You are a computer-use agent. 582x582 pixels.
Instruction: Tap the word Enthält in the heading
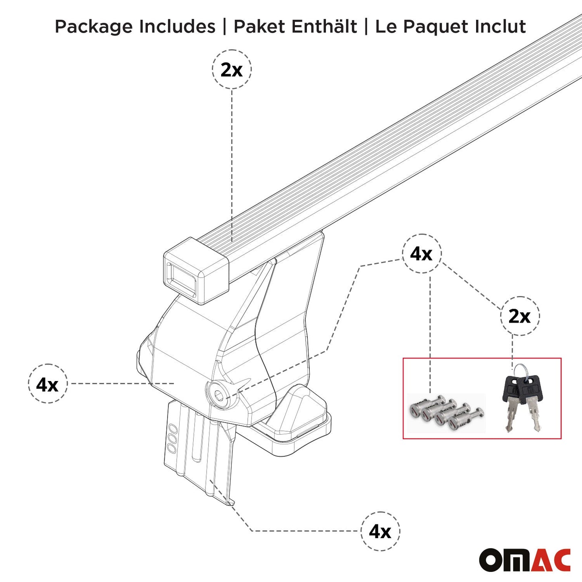click(x=324, y=27)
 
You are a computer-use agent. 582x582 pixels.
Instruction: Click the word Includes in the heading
click(x=177, y=27)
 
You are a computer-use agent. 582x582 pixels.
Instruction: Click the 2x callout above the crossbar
click(x=232, y=69)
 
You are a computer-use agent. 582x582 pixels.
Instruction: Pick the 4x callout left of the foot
click(x=48, y=384)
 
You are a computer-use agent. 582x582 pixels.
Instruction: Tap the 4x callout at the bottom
click(x=380, y=531)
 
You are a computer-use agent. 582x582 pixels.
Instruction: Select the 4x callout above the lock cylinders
click(x=421, y=254)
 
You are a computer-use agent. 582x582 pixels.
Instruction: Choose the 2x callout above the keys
click(x=520, y=316)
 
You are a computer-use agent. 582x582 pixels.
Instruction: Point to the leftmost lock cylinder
click(x=419, y=408)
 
